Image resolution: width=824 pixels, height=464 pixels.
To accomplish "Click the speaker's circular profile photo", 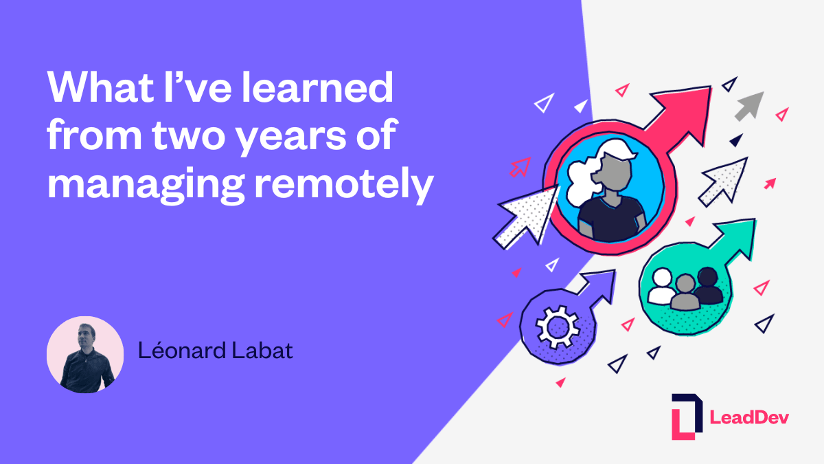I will tap(85, 355).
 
